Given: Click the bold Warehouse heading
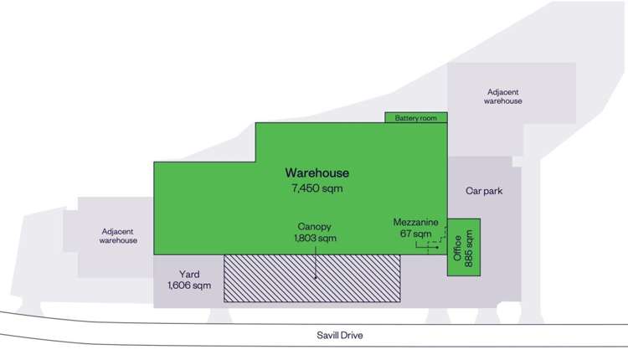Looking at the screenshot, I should pos(317,173).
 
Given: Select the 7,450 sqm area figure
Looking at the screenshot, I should pos(317,188).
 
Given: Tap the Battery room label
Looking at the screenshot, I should pos(416,118).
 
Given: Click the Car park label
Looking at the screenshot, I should pos(483,191).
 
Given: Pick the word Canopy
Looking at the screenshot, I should pos(315,226).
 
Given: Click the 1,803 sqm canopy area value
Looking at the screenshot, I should pos(315,239).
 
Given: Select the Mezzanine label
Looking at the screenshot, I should pos(416,222).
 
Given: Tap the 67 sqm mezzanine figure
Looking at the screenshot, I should pos(416,234).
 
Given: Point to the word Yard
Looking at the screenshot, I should pos(188,274).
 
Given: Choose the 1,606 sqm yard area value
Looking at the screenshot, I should pos(188,286).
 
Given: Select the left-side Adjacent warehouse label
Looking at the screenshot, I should pos(118,235).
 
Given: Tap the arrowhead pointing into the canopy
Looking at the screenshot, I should pos(315,277).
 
